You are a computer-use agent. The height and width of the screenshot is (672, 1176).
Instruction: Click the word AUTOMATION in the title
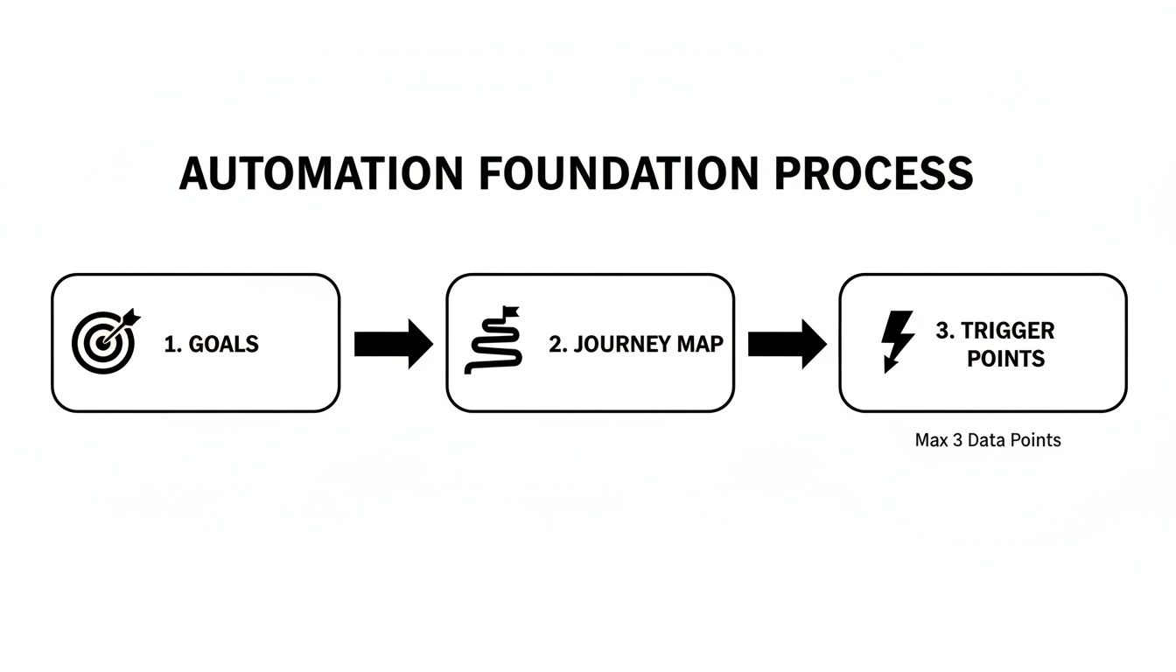pos(320,173)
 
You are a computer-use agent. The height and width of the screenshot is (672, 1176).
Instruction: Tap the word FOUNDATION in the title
pos(619,173)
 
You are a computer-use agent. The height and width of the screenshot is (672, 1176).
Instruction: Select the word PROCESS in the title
pos(874,173)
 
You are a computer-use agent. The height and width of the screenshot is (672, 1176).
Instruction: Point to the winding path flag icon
pos(493,341)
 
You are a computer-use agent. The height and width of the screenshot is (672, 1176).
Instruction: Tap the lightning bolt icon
pos(896,341)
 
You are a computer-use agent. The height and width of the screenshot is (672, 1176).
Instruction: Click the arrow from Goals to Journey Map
pos(393,344)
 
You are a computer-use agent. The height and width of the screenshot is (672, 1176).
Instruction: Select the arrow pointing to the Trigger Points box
pos(787,344)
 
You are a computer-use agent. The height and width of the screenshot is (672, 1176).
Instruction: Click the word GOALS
pos(224,344)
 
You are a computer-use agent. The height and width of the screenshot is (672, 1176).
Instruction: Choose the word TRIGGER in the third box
pos(1007,331)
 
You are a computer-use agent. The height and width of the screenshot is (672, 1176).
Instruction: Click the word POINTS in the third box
pos(1005,359)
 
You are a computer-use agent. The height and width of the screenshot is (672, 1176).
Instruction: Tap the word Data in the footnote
pos(988,440)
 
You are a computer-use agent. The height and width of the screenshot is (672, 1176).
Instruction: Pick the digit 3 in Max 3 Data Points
pos(956,440)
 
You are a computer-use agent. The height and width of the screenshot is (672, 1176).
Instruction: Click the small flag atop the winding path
pos(509,311)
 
